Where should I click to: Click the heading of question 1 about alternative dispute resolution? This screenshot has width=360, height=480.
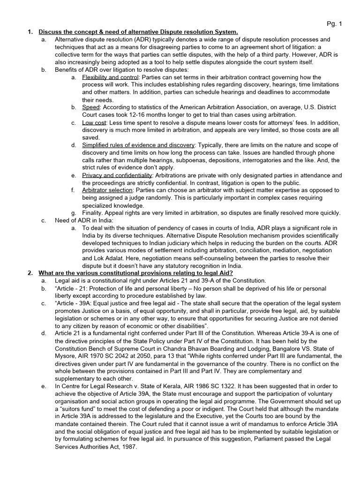tap(138, 32)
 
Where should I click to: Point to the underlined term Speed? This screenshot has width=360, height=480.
tap(91, 107)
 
